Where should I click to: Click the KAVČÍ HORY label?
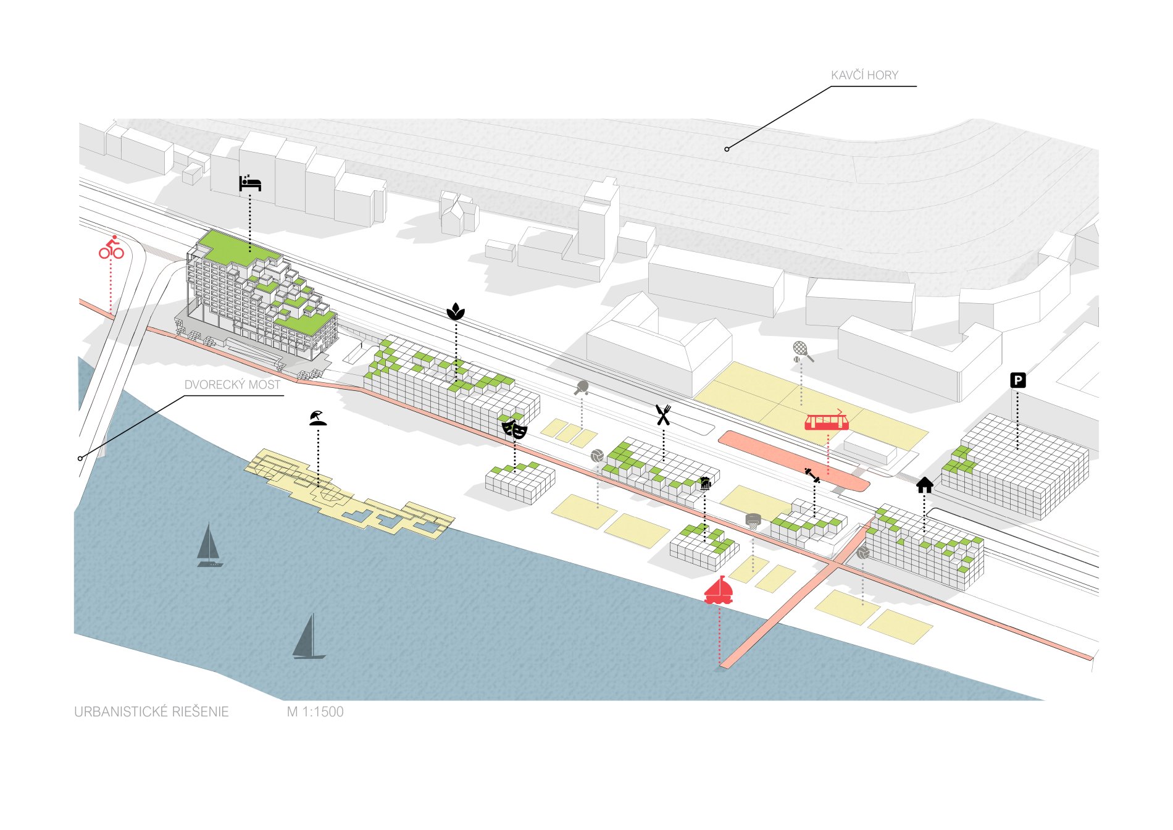[864, 75]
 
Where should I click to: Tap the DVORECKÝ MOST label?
[232, 385]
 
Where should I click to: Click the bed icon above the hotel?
[250, 183]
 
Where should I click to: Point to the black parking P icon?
[1018, 380]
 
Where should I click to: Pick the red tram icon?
[827, 421]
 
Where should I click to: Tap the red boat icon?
[719, 590]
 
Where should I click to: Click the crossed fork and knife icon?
[663, 415]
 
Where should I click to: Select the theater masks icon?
[514, 429]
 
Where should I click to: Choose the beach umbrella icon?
[318, 418]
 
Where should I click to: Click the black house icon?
[924, 485]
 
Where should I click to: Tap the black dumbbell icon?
[812, 476]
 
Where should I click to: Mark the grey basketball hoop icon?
[753, 521]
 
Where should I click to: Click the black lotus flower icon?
[456, 312]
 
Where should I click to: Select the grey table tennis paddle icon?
[582, 388]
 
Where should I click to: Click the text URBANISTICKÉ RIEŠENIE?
[151, 712]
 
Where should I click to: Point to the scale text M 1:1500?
[315, 712]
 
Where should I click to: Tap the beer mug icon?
[705, 484]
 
